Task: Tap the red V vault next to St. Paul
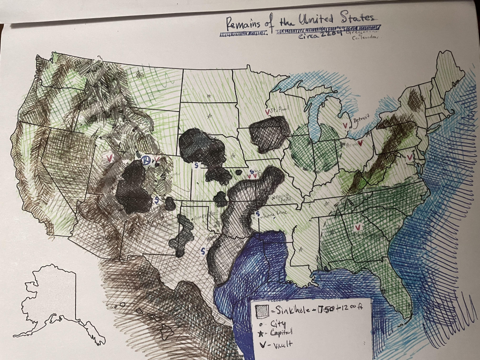[267, 112]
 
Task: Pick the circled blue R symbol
[146, 161]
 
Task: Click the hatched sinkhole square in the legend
[261, 310]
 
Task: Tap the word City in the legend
[277, 323]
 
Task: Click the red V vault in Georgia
[358, 227]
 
